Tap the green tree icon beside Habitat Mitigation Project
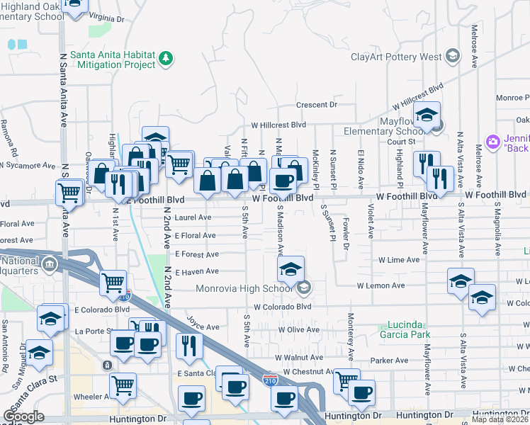point(166,57)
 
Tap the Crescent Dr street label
point(316,105)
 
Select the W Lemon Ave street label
point(380,285)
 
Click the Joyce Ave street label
point(203,327)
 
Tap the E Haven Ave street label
point(197,272)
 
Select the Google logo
point(23,416)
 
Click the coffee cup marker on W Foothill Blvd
point(283,181)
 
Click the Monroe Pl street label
point(512,98)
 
